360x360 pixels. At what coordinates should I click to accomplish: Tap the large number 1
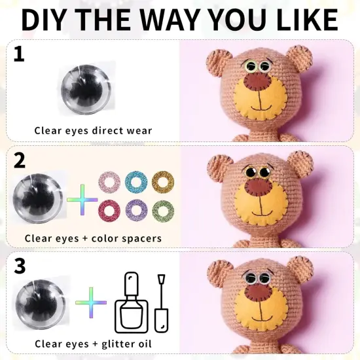click(18, 54)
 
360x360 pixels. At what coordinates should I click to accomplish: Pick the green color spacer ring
click(163, 210)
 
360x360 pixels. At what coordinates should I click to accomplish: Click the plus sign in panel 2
click(82, 198)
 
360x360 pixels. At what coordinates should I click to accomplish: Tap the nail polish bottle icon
click(131, 303)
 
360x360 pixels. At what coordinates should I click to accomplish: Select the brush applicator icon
click(161, 303)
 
